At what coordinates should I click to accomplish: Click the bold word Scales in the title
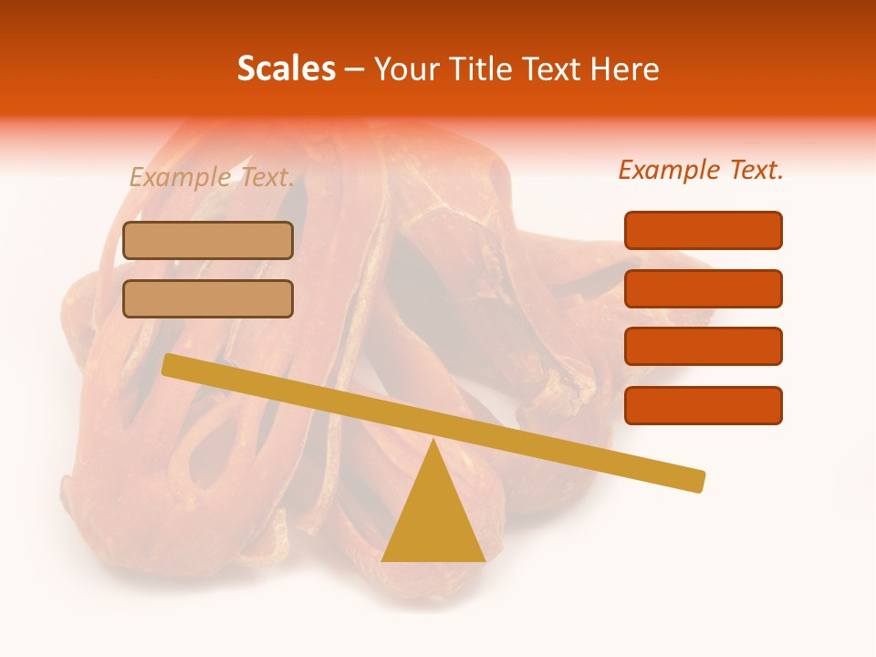click(286, 68)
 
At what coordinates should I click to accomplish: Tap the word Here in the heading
click(626, 68)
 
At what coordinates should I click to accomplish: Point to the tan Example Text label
click(212, 177)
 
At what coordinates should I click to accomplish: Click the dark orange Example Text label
click(701, 170)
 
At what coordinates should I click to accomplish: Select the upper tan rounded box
click(208, 240)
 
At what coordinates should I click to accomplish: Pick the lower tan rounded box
click(208, 298)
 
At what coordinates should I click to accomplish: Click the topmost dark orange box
click(703, 230)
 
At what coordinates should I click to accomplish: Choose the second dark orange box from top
click(703, 288)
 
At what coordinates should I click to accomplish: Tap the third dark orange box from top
click(703, 347)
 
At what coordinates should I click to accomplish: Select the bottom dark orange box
click(703, 405)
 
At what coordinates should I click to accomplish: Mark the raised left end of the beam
click(170, 364)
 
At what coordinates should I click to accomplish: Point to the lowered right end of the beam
click(697, 480)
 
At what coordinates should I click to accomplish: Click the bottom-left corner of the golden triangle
click(383, 559)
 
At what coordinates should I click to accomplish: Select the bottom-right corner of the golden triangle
click(483, 559)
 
